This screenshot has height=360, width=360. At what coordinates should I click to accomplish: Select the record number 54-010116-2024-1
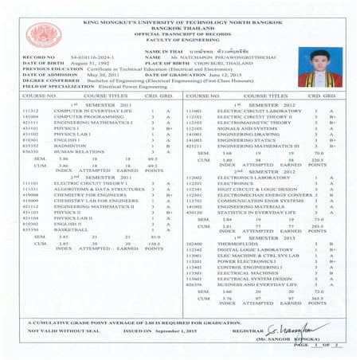(88, 59)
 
